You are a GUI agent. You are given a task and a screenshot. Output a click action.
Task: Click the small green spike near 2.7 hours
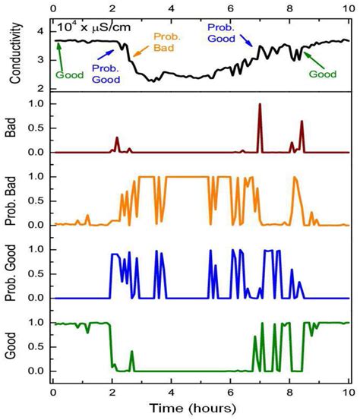pyautogui.click(x=131, y=352)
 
